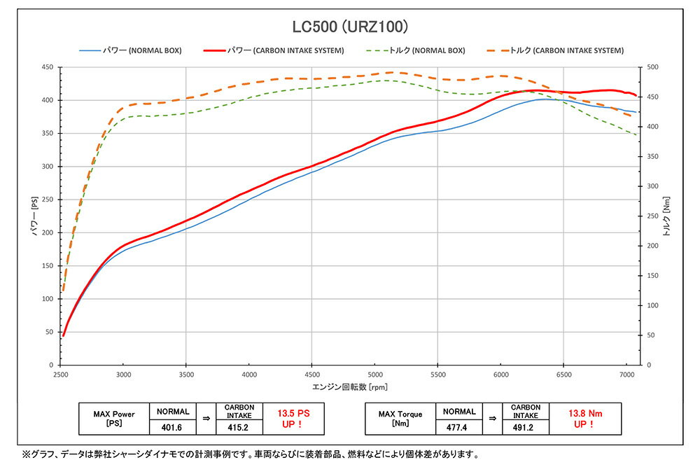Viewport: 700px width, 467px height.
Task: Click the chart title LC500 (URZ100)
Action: point(349,27)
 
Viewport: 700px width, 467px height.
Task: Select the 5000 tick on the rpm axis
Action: point(374,375)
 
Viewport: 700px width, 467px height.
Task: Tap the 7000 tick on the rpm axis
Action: point(626,375)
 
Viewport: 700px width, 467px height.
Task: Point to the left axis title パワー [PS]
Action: point(34,216)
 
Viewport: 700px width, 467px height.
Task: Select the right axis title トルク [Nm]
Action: point(666,216)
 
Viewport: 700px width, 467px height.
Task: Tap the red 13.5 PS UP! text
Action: point(293,419)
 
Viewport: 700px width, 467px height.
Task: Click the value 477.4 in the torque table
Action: point(458,426)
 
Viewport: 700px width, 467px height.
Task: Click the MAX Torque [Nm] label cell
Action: point(402,419)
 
